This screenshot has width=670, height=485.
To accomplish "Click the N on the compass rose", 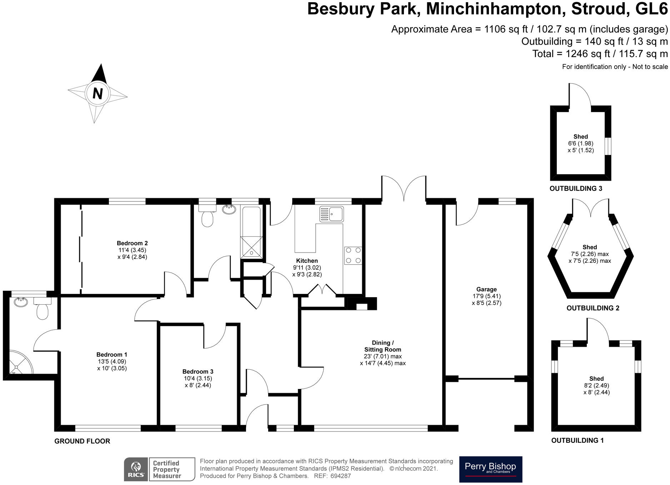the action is tap(97, 94).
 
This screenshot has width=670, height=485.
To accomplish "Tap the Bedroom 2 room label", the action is tap(132, 243).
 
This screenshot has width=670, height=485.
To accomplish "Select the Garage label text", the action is tap(486, 289).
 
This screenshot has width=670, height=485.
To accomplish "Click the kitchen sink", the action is tap(331, 214).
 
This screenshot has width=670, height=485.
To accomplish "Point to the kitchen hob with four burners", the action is tap(353, 255).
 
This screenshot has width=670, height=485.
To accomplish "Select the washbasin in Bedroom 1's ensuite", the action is tap(21, 302).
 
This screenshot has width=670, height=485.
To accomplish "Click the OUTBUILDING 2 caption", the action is tap(593, 308).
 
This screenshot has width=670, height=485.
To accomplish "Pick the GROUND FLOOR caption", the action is tap(82, 441).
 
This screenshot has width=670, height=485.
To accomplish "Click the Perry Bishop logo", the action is tap(490, 469).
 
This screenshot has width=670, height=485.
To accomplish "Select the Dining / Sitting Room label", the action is tap(382, 346).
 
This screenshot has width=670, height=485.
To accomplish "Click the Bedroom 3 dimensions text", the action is tap(198, 382).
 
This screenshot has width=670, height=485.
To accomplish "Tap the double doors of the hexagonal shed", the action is tap(591, 208).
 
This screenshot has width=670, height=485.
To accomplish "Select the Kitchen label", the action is tap(307, 261).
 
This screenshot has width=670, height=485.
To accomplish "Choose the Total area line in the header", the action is tap(600, 54).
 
